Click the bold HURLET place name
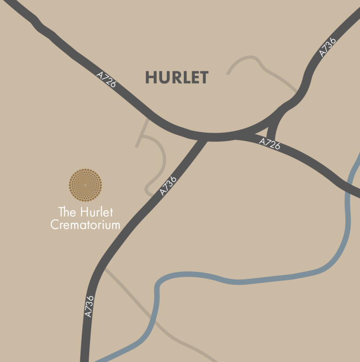[177, 78]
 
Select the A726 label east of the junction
[270, 143]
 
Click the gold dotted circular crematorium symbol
[85, 185]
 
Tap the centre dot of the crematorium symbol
[85, 185]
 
